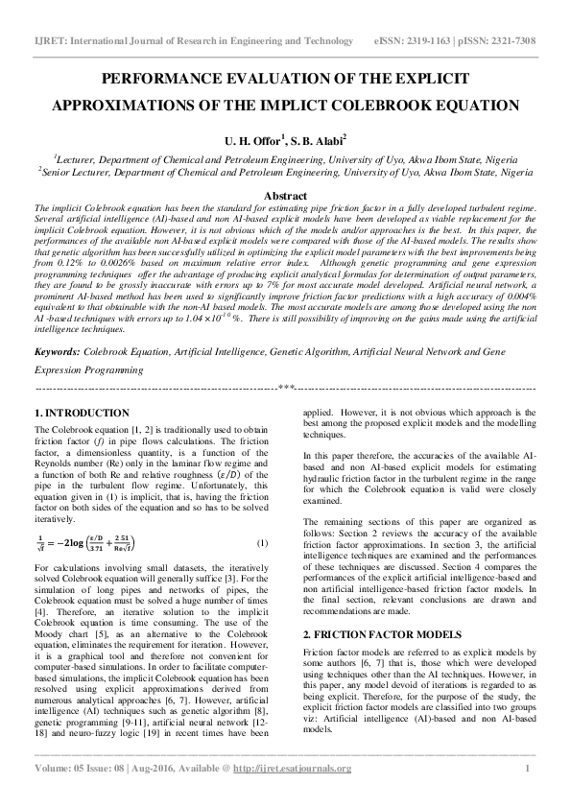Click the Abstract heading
tap(285, 195)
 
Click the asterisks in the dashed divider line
tap(285, 388)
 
